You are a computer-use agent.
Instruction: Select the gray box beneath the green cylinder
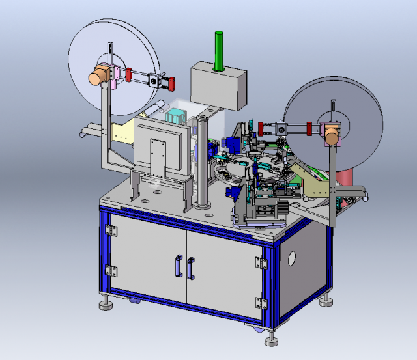[218, 88]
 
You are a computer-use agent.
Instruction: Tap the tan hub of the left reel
[100, 76]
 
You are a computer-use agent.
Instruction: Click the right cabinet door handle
[192, 269]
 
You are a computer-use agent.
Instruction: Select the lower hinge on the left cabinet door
[111, 270]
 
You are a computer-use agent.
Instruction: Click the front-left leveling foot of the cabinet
[105, 304]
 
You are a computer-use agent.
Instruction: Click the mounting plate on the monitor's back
[156, 156]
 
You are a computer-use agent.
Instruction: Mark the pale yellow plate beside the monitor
[123, 134]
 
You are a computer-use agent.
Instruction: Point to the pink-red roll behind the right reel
[345, 176]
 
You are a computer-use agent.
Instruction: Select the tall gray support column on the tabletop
[203, 163]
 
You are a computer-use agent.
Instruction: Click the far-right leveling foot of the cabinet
[326, 300]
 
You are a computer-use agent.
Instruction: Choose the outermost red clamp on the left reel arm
[173, 83]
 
